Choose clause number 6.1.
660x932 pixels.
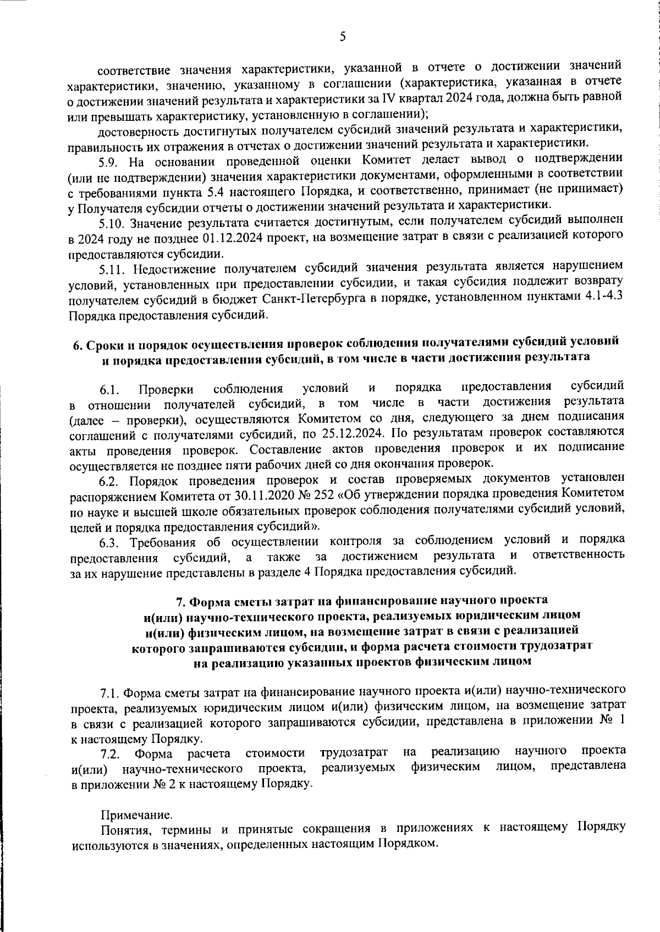click(x=110, y=391)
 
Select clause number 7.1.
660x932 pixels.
click(x=111, y=691)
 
